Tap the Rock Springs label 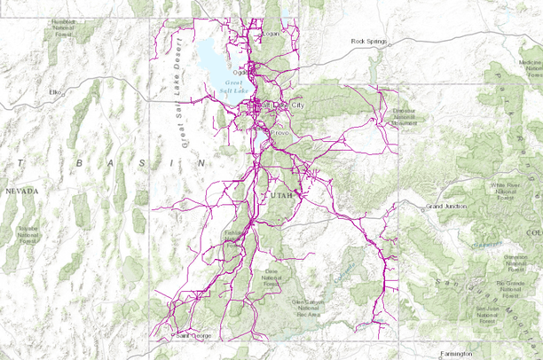coord(370,41)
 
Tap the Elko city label coord(59,91)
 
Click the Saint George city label coord(194,336)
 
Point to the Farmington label coord(454,352)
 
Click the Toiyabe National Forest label coord(27,234)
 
